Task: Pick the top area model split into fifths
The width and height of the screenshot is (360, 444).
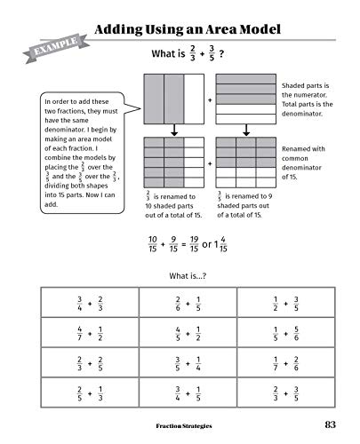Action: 245,100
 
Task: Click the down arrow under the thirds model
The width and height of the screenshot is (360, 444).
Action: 173,131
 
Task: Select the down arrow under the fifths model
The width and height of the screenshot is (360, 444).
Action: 245,131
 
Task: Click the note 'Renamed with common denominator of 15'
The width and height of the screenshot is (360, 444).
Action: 305,163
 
